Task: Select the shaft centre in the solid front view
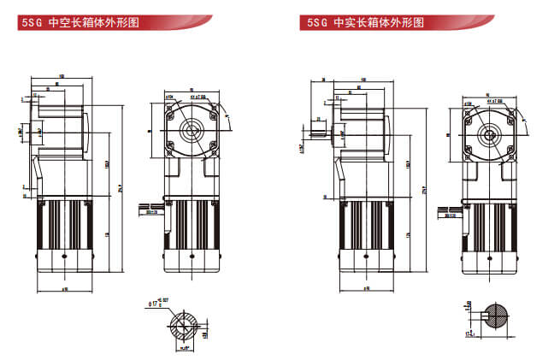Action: (490, 134)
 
